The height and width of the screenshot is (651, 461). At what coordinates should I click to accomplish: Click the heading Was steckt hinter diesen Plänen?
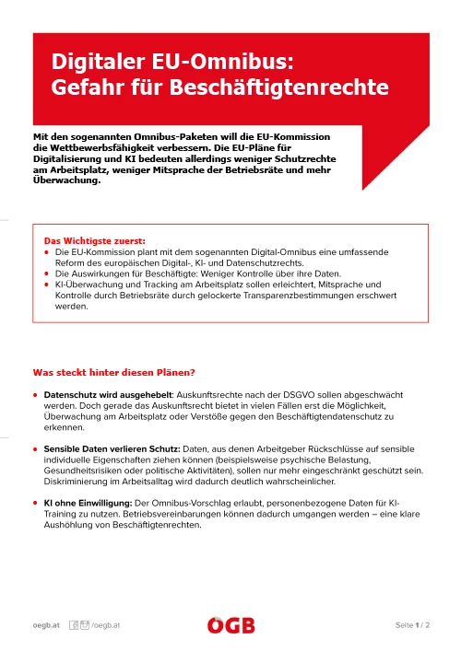click(x=113, y=373)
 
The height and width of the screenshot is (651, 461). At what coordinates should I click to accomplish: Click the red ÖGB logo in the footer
click(x=230, y=626)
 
